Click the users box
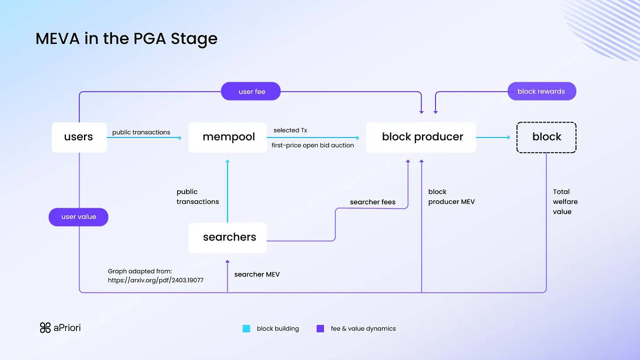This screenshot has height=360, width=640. (x=79, y=137)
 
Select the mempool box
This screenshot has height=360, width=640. (x=228, y=137)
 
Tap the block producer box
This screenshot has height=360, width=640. (x=421, y=137)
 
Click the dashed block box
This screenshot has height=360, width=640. (x=546, y=137)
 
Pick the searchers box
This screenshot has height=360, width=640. (x=228, y=237)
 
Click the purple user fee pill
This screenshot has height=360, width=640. (x=251, y=91)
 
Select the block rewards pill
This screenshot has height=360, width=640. (x=542, y=91)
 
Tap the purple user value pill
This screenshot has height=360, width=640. (x=78, y=217)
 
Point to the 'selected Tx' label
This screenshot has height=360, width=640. (x=290, y=131)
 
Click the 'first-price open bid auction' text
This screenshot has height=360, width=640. (x=313, y=145)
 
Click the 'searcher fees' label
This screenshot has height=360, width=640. (x=373, y=202)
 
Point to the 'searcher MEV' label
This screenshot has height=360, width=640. (x=257, y=274)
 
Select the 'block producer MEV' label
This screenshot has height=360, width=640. (x=451, y=197)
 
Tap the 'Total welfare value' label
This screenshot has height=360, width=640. (x=565, y=202)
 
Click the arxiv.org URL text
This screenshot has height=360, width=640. (x=156, y=280)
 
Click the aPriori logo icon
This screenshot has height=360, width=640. (x=45, y=328)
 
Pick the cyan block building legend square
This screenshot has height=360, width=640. (x=247, y=329)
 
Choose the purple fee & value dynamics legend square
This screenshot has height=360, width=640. (x=320, y=329)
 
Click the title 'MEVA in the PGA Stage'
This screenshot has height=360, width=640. (x=127, y=39)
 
